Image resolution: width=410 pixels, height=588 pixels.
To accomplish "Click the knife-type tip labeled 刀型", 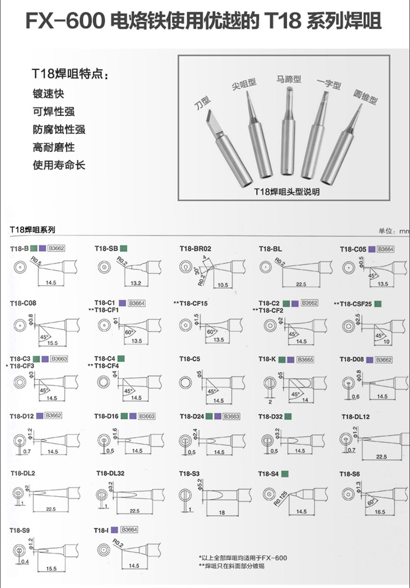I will tap(221, 135).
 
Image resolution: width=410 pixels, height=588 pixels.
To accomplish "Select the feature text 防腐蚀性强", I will tap(59, 130).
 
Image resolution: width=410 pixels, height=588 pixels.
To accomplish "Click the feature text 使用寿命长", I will tap(59, 166).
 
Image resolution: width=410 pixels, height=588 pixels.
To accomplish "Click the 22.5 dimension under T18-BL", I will tap(300, 283).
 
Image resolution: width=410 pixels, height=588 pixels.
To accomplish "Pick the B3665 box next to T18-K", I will tap(305, 359).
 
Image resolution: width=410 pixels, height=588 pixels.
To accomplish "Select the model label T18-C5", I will tap(189, 359).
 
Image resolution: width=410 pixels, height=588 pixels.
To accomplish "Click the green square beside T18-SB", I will tap(124, 249).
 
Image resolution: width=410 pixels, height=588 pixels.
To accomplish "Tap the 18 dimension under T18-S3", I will tap(221, 512).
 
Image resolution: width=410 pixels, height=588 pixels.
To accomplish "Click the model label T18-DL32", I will tap(110, 473).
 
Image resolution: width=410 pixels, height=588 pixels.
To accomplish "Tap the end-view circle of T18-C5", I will tap(185, 384).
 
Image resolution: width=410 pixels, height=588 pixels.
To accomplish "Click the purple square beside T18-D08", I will tap(369, 359).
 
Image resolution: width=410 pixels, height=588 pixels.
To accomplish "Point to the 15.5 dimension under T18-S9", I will tap(51, 569).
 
